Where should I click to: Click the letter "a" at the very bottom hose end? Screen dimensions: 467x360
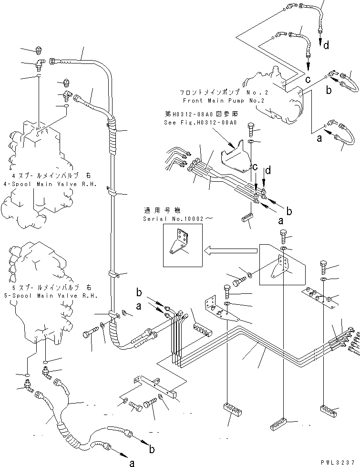(x=132, y=462)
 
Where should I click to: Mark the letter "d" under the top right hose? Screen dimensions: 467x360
(x=326, y=46)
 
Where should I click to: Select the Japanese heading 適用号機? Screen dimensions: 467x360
(x=156, y=210)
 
